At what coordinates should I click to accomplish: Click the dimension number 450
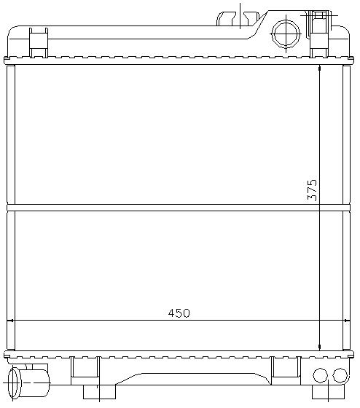(x=179, y=313)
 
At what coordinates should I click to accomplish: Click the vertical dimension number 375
(x=312, y=190)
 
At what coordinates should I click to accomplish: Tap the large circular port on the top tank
(x=286, y=34)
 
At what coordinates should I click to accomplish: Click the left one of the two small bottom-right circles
(x=320, y=375)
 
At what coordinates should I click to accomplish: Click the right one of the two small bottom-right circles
(x=340, y=375)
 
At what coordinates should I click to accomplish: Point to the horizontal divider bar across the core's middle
(x=179, y=208)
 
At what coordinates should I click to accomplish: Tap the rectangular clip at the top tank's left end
(x=39, y=43)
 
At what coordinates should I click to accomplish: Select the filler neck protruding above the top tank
(x=238, y=18)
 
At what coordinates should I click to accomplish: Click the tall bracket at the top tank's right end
(x=319, y=34)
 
